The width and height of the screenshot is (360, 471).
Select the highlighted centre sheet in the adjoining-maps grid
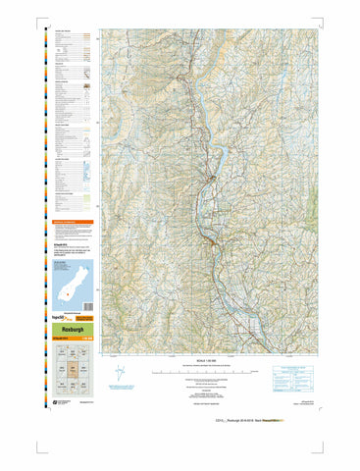(x=74, y=369)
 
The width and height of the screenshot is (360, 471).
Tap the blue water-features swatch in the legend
(x=87, y=173)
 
